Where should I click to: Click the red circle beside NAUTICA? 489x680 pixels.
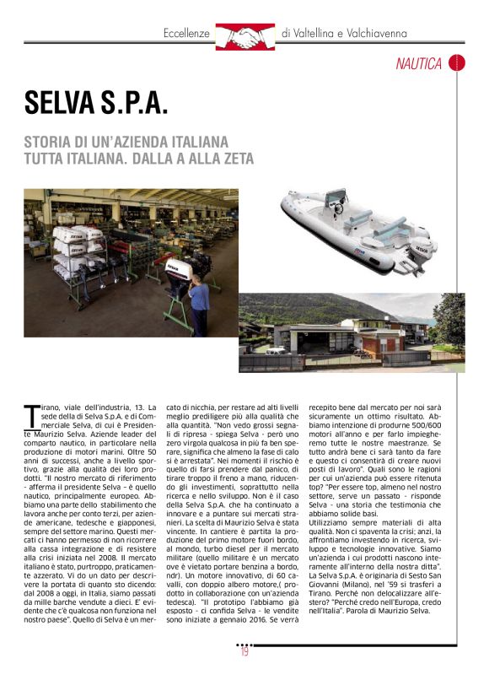pyautogui.click(x=456, y=63)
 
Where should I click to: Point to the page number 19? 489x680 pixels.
pyautogui.click(x=244, y=650)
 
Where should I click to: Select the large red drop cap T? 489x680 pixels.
pyautogui.click(x=32, y=417)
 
